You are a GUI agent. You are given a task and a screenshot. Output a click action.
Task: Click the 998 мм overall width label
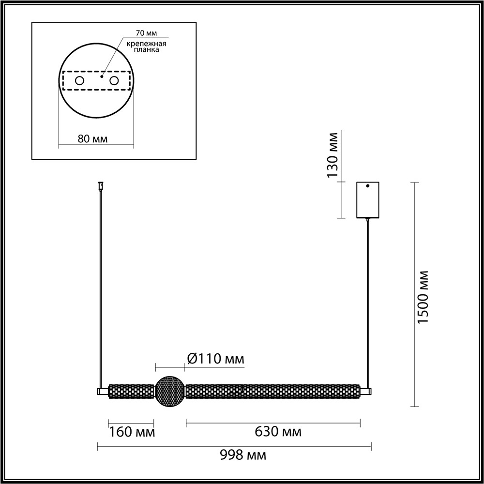243,455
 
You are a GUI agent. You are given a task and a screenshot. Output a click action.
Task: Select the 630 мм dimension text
278,432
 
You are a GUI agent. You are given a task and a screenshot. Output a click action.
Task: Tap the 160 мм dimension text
132,432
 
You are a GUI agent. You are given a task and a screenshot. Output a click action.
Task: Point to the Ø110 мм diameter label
215,359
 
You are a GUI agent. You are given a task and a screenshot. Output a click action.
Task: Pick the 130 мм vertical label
333,155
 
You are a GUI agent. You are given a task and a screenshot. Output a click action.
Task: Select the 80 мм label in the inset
92,139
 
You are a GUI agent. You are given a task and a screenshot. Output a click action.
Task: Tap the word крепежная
146,44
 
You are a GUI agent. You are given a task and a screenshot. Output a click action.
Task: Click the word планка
147,50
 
